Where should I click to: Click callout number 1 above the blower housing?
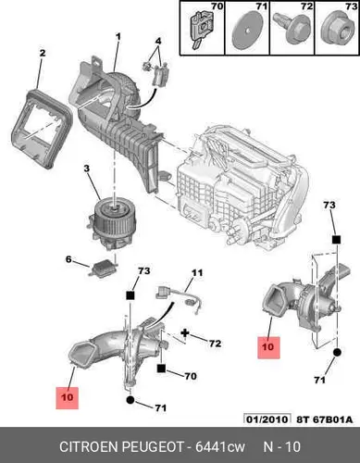pos(118,37)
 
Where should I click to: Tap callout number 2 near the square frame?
pos(43,53)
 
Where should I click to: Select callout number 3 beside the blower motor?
pos(87,169)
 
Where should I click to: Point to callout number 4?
pos(158,41)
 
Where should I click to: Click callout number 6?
pos(68,259)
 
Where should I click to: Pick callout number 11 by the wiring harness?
pos(197,273)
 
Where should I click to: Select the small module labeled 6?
pos(104,269)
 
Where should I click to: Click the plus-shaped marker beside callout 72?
pos(185,332)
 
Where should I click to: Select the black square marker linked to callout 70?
pos(161,369)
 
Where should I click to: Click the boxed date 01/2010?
pos(267,419)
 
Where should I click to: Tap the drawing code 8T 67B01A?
pos(324,419)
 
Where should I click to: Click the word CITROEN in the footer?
pos(89,446)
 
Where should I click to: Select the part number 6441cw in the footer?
pos(220,446)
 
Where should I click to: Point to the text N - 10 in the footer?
pos(281,446)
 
